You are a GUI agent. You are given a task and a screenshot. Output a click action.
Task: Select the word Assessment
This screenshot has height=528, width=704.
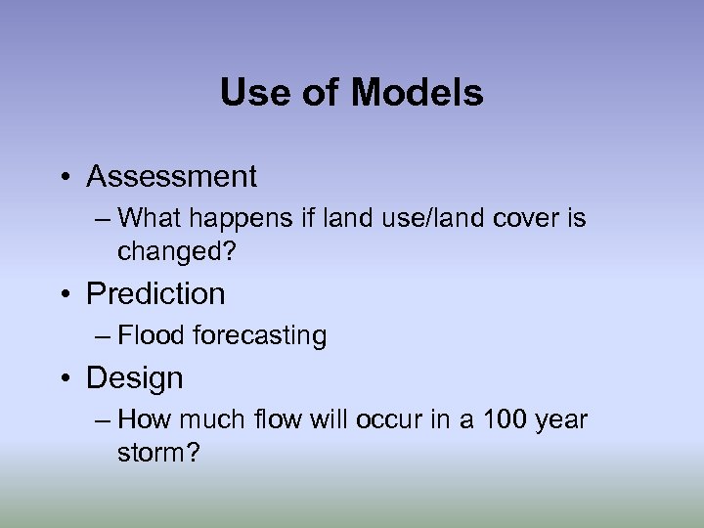coord(171,177)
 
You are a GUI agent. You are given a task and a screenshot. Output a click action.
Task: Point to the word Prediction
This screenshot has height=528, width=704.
coord(155,293)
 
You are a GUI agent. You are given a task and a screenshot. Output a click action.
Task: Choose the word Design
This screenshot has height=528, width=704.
coord(135,377)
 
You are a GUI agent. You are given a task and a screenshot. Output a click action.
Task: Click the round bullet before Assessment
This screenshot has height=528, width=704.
coord(64,178)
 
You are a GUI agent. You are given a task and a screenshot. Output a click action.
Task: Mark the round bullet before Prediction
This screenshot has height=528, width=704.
coord(64,294)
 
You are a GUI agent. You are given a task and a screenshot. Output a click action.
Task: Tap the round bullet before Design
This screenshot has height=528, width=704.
coord(64,378)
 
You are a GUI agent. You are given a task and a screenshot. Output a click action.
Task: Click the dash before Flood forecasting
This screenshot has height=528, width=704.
coord(105,336)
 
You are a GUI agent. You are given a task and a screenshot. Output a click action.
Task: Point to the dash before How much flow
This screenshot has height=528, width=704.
coord(105,420)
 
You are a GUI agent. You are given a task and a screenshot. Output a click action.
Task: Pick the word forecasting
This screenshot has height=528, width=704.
coord(259,336)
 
